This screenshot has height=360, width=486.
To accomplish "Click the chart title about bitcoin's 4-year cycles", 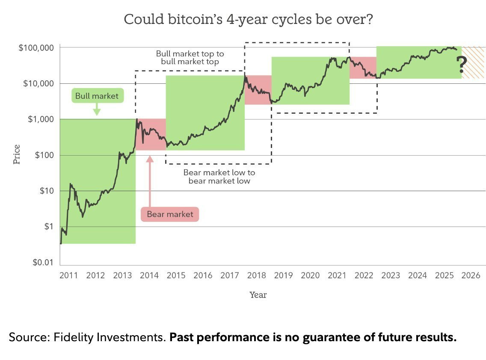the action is pyautogui.click(x=248, y=19).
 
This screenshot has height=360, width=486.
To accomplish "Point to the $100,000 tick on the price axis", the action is pyautogui.click(x=36, y=48).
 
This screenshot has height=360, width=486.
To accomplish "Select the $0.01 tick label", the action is pyautogui.click(x=43, y=263).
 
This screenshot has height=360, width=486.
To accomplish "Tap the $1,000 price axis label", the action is pyautogui.click(x=41, y=119).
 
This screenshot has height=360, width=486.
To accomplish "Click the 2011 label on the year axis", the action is pyautogui.click(x=68, y=275).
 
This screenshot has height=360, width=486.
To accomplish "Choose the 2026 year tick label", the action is pyautogui.click(x=471, y=275).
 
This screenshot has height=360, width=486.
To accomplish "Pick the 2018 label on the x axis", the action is pyautogui.click(x=256, y=275).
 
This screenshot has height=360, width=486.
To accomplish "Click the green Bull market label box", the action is pyautogui.click(x=97, y=96).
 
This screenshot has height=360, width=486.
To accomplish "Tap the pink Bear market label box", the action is pyautogui.click(x=170, y=214).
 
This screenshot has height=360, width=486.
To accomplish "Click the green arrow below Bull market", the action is pyautogui.click(x=97, y=109).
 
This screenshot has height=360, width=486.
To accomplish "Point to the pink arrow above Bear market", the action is pyautogui.click(x=150, y=181).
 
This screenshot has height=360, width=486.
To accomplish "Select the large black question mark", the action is pyautogui.click(x=462, y=65).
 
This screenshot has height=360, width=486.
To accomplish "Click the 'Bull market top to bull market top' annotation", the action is pyautogui.click(x=190, y=58).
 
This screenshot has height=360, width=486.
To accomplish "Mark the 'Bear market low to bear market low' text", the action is pyautogui.click(x=219, y=177).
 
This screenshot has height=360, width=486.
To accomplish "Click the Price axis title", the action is pyautogui.click(x=16, y=154).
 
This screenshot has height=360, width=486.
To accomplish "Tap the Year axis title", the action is pyautogui.click(x=258, y=295).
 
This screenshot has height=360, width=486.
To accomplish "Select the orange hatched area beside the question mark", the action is pyautogui.click(x=473, y=62).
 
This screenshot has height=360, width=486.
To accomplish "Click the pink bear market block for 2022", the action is pyautogui.click(x=363, y=68).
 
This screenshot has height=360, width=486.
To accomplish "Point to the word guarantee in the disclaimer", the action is pyautogui.click(x=332, y=337).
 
